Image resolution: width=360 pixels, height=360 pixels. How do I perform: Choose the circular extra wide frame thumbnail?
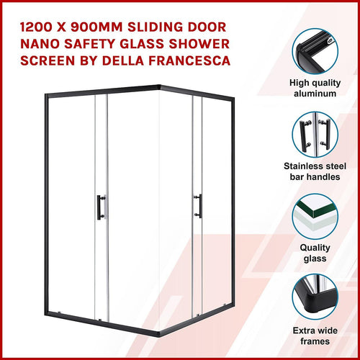click(317, 303)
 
